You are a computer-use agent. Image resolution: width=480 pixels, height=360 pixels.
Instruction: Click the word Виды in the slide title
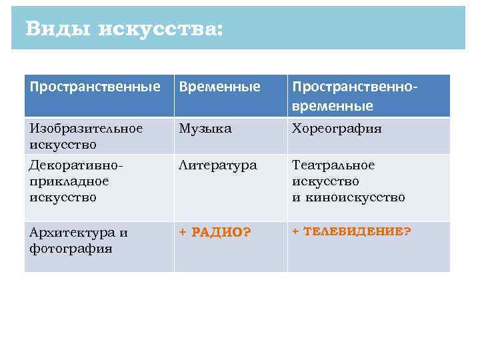pyautogui.click(x=57, y=29)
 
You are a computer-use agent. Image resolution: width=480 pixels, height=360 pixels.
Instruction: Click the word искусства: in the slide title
pyautogui.click(x=161, y=29)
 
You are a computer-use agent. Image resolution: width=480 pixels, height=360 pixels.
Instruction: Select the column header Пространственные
pyautogui.click(x=95, y=87)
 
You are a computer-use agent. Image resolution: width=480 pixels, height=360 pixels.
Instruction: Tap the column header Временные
pyautogui.click(x=219, y=87)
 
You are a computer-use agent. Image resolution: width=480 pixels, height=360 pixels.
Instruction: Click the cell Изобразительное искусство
pyautogui.click(x=86, y=136)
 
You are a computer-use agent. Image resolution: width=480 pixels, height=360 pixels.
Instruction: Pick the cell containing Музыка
pyautogui.click(x=205, y=129)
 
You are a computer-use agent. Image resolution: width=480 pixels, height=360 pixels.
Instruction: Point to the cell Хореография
pyautogui.click(x=337, y=129)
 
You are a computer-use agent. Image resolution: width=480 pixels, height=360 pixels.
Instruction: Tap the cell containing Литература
pyautogui.click(x=217, y=165)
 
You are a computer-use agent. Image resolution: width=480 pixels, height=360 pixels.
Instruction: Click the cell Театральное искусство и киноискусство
pyautogui.click(x=348, y=181)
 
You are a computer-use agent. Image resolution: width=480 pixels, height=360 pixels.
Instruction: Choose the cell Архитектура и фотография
pyautogui.click(x=79, y=240)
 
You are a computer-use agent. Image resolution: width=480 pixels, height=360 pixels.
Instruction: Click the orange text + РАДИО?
pyautogui.click(x=215, y=233)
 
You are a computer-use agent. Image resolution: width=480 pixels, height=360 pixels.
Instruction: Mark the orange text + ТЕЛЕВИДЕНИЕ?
pyautogui.click(x=351, y=231)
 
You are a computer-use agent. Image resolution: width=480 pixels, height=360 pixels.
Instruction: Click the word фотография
pyautogui.click(x=71, y=249)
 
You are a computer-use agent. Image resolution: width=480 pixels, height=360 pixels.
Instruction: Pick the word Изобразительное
pyautogui.click(x=86, y=129)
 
